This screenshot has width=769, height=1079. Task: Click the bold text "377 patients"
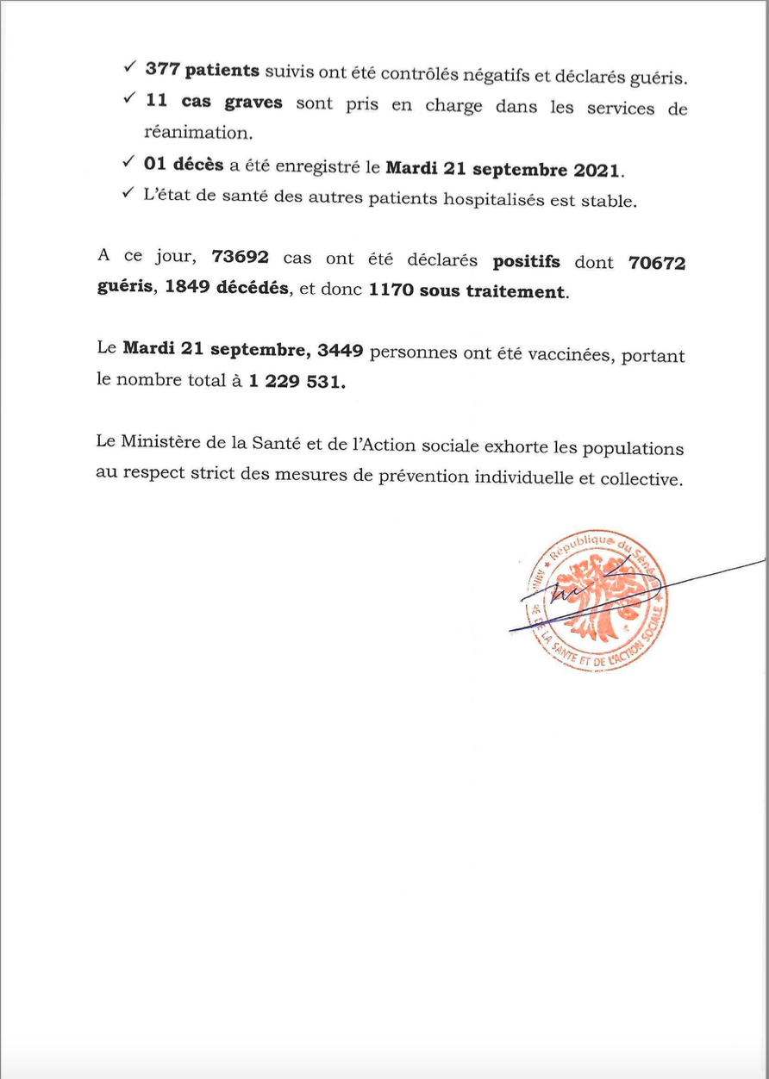click(x=202, y=72)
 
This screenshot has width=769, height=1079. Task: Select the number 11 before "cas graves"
click(x=155, y=103)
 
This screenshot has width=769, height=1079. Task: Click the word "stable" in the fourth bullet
click(x=610, y=202)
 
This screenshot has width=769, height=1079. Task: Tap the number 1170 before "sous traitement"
click(x=392, y=292)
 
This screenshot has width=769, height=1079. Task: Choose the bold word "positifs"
click(x=526, y=261)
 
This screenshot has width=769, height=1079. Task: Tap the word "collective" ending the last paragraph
click(x=641, y=479)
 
